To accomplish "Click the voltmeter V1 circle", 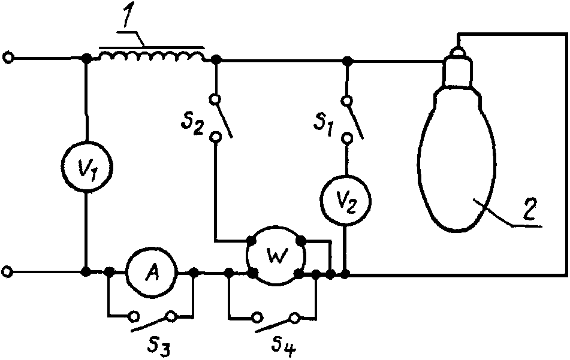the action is [86, 166].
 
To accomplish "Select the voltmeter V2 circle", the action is [345, 201].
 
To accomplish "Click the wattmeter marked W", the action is [275, 256].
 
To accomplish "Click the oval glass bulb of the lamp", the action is [457, 158].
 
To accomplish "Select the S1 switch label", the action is [324, 126].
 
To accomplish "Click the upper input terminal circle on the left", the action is [8, 58].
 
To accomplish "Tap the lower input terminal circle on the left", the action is [8, 271].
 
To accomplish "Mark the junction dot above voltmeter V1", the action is [86, 58].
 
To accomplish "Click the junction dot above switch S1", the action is [348, 60].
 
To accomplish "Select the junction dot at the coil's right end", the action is [216, 59].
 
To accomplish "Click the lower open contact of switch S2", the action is [216, 137].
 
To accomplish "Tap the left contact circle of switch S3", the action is [134, 316].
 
